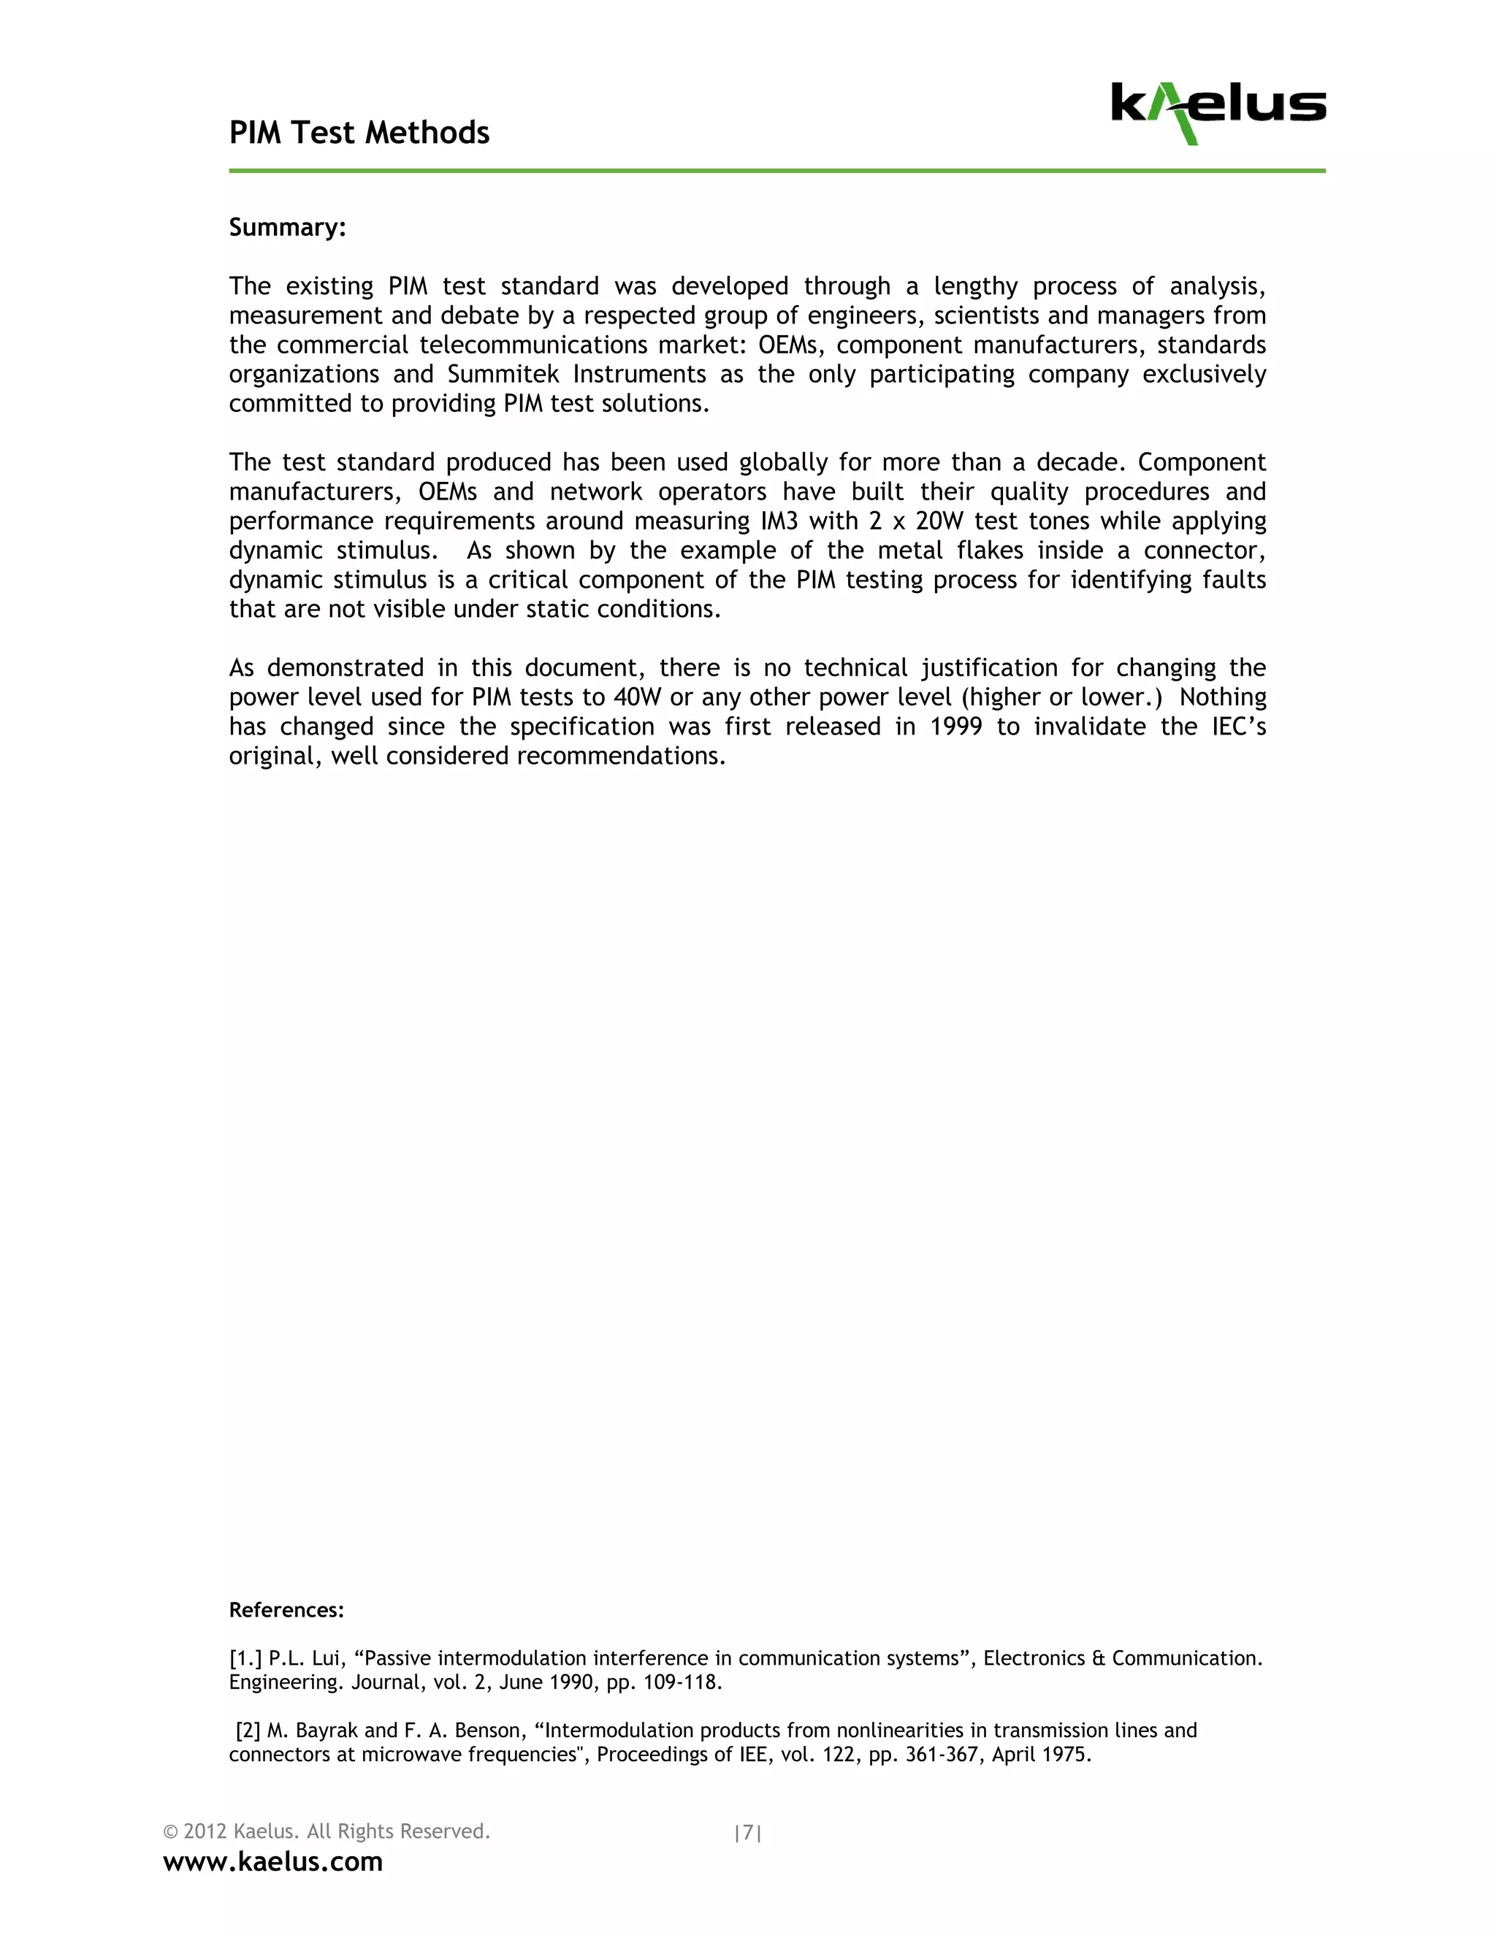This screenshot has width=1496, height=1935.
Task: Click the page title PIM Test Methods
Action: tap(359, 133)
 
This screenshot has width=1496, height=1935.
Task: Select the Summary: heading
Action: tap(287, 228)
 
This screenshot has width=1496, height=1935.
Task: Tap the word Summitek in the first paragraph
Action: tap(503, 375)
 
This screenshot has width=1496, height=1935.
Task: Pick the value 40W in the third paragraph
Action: tap(637, 697)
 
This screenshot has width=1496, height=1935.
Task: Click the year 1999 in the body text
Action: tap(956, 727)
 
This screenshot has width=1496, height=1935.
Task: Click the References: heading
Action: tap(286, 1610)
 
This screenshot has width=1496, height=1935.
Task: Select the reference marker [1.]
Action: tap(245, 1658)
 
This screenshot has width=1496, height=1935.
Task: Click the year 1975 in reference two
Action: tap(1066, 1754)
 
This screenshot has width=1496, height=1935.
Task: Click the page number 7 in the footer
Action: tap(748, 1832)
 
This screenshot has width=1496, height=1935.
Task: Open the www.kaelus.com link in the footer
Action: tap(273, 1861)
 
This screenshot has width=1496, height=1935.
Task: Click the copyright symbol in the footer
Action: tap(171, 1831)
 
